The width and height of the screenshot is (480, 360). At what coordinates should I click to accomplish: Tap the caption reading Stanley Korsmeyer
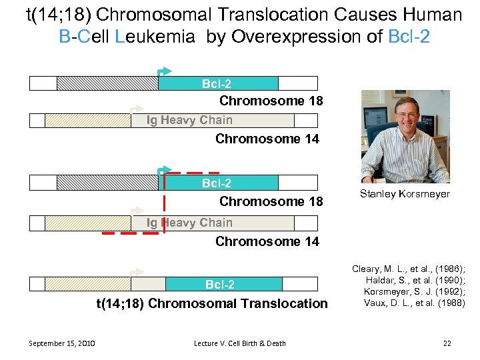pyautogui.click(x=405, y=194)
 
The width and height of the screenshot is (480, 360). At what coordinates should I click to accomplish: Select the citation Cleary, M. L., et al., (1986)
pyautogui.click(x=409, y=269)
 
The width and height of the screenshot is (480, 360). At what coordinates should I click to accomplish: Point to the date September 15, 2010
pyautogui.click(x=61, y=343)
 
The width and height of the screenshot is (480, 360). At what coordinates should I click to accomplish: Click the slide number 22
pyautogui.click(x=447, y=343)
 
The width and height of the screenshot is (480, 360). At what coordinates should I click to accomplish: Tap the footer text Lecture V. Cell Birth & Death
pyautogui.click(x=240, y=343)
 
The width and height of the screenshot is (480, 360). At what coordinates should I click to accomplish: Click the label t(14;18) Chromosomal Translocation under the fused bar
pyautogui.click(x=213, y=304)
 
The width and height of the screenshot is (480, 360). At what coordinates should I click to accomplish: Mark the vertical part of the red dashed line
pyautogui.click(x=164, y=203)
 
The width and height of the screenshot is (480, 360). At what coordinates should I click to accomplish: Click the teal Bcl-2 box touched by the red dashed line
pyautogui.click(x=220, y=183)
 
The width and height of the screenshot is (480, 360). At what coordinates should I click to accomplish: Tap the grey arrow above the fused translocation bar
pyautogui.click(x=137, y=272)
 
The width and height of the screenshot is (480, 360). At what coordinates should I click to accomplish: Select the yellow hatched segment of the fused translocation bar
pyautogui.click(x=87, y=285)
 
